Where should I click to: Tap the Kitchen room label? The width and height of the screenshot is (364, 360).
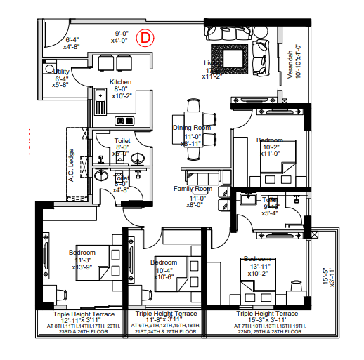click(x=120, y=81)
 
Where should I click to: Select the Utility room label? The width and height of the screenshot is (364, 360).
click(x=62, y=71)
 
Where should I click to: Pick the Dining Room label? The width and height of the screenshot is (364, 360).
click(x=192, y=128)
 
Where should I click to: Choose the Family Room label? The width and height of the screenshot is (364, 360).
click(x=193, y=189)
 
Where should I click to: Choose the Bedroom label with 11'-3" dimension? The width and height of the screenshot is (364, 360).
click(x=82, y=253)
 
